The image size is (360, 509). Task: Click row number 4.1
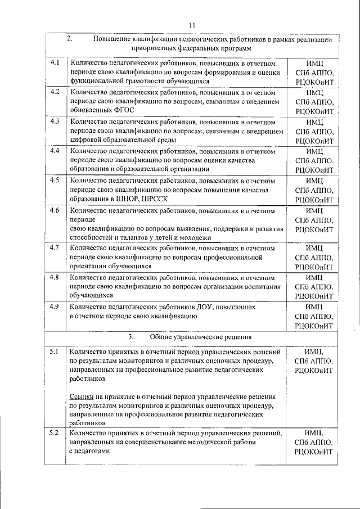pyautogui.click(x=55, y=62)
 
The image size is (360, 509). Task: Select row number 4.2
pyautogui.click(x=55, y=92)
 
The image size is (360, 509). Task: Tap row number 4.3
pyautogui.click(x=55, y=121)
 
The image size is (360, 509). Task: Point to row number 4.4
pyautogui.click(x=55, y=151)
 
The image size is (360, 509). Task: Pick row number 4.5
pyautogui.click(x=55, y=181)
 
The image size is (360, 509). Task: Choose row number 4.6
pyautogui.click(x=55, y=210)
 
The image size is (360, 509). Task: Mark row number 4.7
pyautogui.click(x=55, y=247)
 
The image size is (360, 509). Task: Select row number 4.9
pyautogui.click(x=55, y=307)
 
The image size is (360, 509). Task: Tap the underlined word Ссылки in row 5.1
pyautogui.click(x=81, y=397)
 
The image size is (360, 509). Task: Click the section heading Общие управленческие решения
pyautogui.click(x=200, y=337)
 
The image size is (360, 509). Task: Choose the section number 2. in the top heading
pyautogui.click(x=70, y=39)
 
